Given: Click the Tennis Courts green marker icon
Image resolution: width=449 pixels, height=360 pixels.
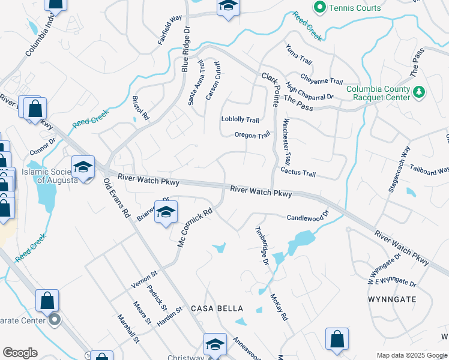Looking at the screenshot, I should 320,8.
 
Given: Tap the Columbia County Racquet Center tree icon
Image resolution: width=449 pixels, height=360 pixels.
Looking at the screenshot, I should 420,92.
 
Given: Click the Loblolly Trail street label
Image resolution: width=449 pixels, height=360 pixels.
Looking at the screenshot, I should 240,120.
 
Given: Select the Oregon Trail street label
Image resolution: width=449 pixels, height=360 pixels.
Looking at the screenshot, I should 253,136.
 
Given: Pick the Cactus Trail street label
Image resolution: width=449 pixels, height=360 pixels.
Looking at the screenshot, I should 298,173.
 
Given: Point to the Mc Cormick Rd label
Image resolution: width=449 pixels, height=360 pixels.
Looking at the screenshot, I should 195,227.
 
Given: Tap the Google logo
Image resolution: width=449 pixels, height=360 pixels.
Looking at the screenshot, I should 20,353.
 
